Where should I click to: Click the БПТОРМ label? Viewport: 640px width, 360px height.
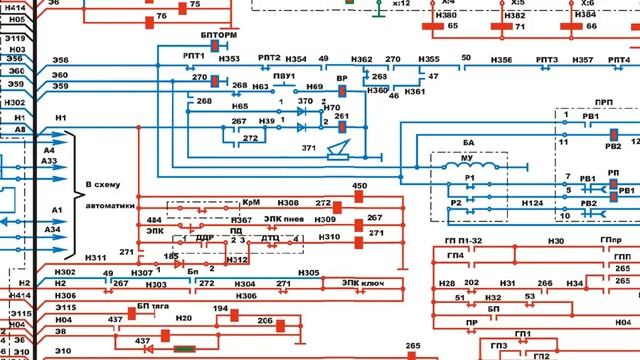pyautogui.click(x=220, y=36)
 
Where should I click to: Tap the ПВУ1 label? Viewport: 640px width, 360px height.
pyautogui.click(x=283, y=76)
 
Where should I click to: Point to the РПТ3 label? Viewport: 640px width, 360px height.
pyautogui.click(x=546, y=60)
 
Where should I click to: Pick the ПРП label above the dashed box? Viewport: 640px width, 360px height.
pyautogui.click(x=603, y=102)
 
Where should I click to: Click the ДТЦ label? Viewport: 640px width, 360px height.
pyautogui.click(x=270, y=238)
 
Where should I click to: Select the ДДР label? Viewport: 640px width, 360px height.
pyautogui.click(x=204, y=238)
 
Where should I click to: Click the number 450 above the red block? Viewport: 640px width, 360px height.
pyautogui.click(x=360, y=186)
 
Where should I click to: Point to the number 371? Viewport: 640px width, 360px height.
pyautogui.click(x=308, y=147)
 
